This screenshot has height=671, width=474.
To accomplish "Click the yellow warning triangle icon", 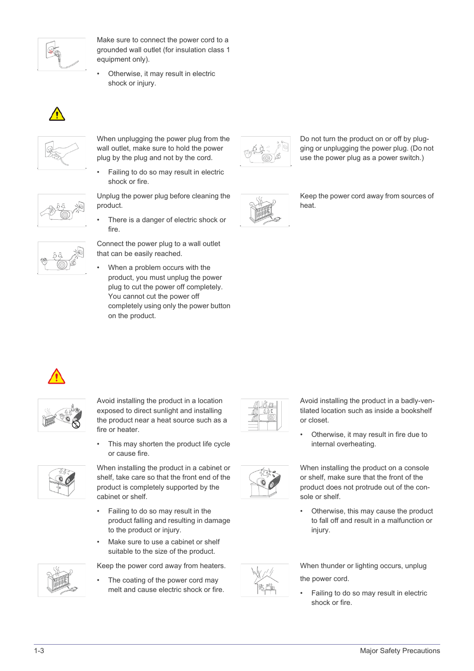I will coord(57,114).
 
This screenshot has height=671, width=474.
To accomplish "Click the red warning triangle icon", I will coord(57,376).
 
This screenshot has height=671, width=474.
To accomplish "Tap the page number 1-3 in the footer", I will coord(39,651).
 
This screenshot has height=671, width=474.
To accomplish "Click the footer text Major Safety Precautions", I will coord(399,651).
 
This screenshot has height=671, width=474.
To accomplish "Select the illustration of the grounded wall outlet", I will coord(62,55).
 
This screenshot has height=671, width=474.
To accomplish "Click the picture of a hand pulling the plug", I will coord(62,153).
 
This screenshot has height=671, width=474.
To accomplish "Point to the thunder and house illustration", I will coord(264,580).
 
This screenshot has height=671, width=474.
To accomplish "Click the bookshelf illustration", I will coord(264,415).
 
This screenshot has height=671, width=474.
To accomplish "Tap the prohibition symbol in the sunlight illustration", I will coord(76,424).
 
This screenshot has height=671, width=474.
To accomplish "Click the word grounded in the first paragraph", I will coord(113,50).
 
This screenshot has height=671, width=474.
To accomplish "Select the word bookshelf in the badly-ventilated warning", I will coord(416,411).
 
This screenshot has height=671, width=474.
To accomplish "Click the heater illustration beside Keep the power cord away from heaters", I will coord(62,580).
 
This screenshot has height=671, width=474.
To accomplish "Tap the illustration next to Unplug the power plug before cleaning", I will coord(62,210).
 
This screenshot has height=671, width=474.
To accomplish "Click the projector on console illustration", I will coord(264,482).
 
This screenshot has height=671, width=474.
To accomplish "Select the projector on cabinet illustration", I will coord(62,482).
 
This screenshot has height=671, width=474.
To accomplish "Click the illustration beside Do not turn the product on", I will coord(265,152).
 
